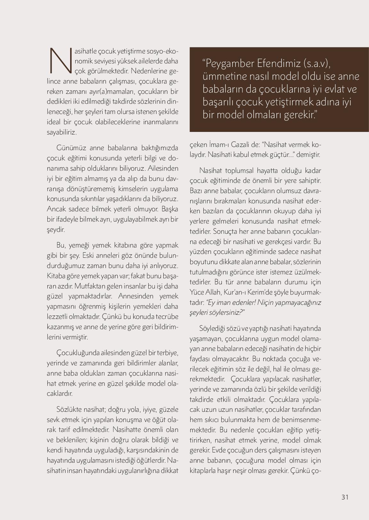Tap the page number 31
click(x=345, y=497)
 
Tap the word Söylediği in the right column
click(x=211, y=329)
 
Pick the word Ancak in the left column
click(x=56, y=209)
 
